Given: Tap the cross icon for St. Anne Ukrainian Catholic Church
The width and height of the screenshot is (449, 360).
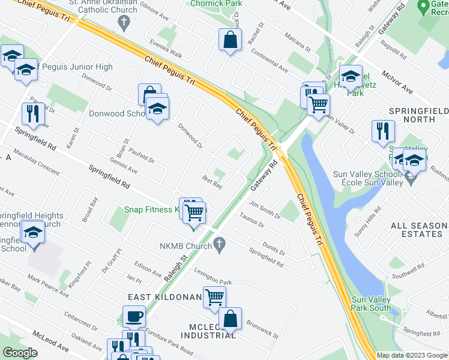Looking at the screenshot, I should pos(124,23).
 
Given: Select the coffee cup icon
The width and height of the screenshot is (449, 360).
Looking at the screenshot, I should pos(134,316).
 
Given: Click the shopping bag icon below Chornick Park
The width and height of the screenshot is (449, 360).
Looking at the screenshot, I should pos(231,40).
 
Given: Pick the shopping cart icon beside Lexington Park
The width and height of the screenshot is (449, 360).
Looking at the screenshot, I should pos(214,296).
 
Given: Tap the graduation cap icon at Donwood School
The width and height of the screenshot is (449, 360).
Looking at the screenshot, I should pos(157,108).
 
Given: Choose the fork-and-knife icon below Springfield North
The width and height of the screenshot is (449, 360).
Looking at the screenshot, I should pos(382,131).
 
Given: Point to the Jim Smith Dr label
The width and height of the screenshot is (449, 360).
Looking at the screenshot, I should pos(265,210).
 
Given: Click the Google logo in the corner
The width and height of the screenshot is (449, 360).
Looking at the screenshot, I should pos(20,353).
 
